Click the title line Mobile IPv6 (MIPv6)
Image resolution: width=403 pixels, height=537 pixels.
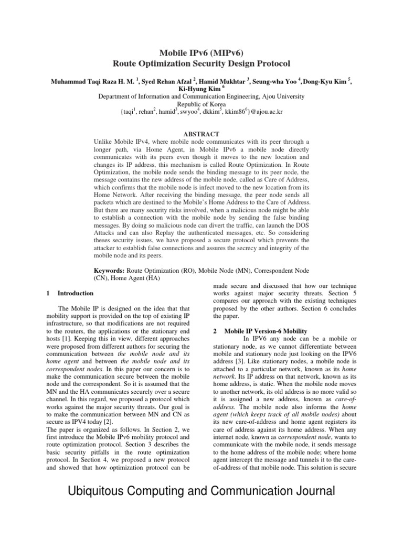(x=201, y=52)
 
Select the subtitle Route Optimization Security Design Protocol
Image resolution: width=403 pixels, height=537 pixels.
(x=201, y=63)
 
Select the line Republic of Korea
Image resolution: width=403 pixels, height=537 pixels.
(x=201, y=104)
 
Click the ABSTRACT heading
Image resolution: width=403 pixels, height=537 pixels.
(x=201, y=134)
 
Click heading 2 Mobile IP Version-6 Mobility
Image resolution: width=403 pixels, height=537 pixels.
(x=261, y=331)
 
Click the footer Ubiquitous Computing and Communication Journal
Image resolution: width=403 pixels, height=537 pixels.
(x=201, y=492)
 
